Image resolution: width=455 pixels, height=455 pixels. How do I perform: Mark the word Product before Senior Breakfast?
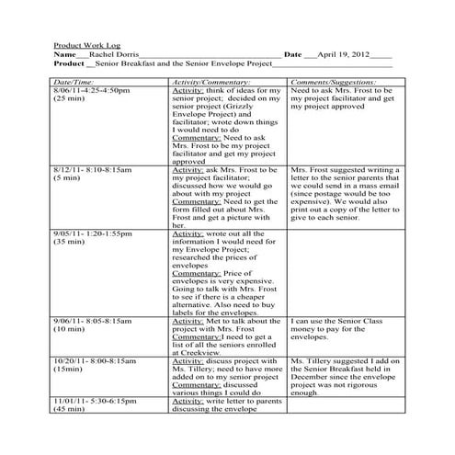click(x=69, y=64)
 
